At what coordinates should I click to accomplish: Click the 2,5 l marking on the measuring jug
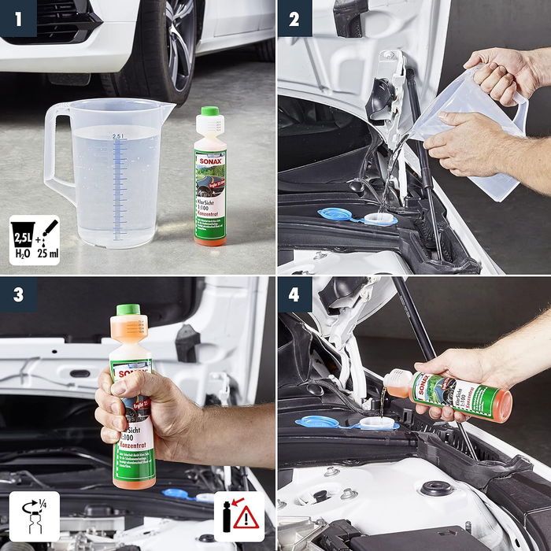pos(118,136)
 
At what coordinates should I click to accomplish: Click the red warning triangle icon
pos(246,518)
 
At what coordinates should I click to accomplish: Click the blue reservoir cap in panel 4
pos(317,421)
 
